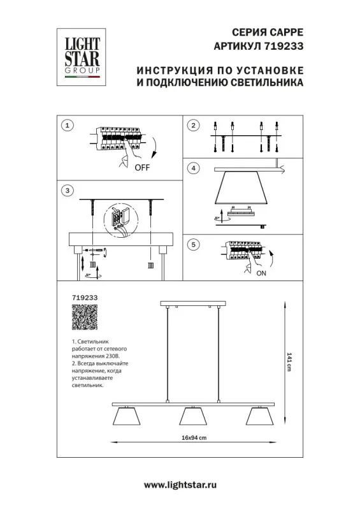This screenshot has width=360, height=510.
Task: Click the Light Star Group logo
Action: (82, 57)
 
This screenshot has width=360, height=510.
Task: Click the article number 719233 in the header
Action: (283, 46)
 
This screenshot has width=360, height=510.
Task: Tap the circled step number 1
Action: (68, 125)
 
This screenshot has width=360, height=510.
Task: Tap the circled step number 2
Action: (194, 125)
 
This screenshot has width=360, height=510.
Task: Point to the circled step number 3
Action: (68, 190)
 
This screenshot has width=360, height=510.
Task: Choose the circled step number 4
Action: (194, 168)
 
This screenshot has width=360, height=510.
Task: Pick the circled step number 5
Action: (194, 244)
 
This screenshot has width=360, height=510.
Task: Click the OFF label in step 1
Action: (142, 168)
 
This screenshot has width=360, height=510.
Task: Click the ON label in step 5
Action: (261, 273)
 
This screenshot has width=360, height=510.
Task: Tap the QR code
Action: (85, 317)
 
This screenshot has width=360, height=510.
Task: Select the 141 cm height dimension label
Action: (289, 361)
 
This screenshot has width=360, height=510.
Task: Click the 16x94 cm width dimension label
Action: (194, 437)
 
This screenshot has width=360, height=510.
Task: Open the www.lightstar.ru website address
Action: (180, 485)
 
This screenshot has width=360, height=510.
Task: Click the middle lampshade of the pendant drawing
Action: (193, 416)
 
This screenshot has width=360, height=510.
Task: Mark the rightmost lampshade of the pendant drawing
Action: (260, 416)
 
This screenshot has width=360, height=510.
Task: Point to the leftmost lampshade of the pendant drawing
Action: (127, 416)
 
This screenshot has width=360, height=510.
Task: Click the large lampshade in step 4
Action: (241, 187)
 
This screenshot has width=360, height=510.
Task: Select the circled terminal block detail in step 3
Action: (121, 219)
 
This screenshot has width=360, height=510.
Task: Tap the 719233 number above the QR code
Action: (85, 298)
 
